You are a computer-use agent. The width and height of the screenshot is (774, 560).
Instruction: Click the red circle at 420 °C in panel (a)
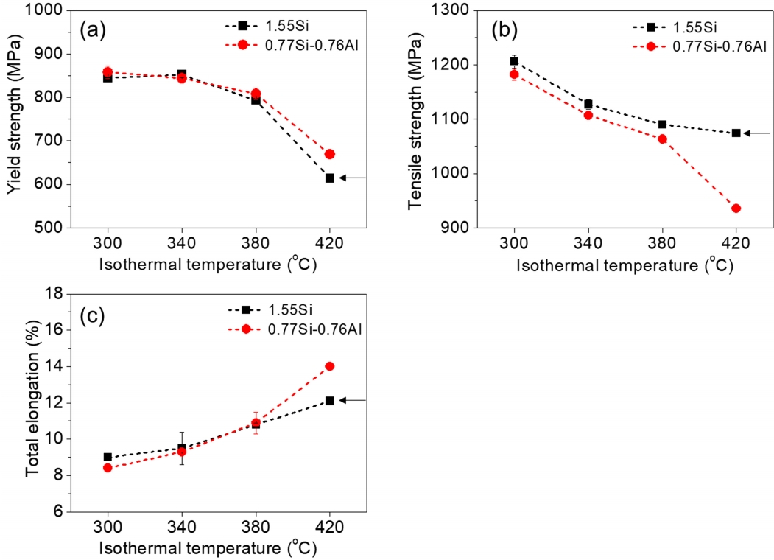[x=330, y=154]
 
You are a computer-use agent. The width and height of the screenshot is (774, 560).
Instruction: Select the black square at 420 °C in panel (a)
[x=330, y=178]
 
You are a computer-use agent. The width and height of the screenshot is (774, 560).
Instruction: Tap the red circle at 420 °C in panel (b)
[x=736, y=209]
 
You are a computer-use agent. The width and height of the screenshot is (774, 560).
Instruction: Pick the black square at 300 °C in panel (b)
[x=514, y=61]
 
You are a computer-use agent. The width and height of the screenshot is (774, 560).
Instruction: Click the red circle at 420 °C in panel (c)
[x=330, y=366]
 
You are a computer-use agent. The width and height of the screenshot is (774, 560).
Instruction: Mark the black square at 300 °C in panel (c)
[x=108, y=457]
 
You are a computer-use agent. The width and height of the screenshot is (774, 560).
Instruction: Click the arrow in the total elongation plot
[x=351, y=400]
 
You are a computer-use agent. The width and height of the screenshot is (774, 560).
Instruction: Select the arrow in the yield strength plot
[x=351, y=178]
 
